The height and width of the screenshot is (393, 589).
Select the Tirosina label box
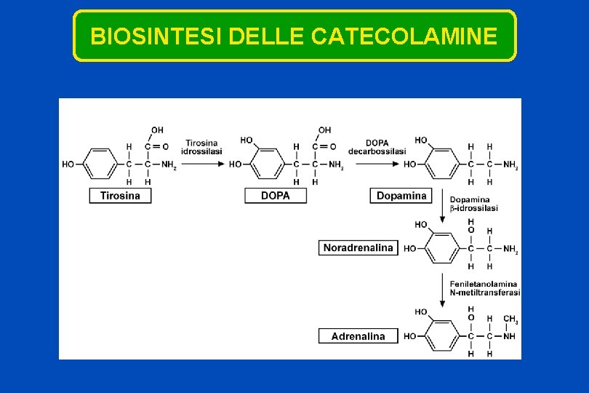coord(121,195)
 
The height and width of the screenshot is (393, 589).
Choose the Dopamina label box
coord(401,195)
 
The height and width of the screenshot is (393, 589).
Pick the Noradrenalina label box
coord(358,247)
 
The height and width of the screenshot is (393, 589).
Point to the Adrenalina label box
coord(358,336)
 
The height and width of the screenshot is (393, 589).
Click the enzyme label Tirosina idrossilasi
coord(203,146)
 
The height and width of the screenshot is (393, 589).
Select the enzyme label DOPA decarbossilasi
coord(377,146)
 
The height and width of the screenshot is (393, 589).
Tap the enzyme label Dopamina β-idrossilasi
coord(473,204)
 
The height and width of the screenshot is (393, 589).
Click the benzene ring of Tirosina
coord(100,164)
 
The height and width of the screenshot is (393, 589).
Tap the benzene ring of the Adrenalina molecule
coord(442,336)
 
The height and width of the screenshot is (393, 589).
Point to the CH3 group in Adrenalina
coord(510,319)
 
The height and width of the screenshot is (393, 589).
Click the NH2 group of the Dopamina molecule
coord(510,165)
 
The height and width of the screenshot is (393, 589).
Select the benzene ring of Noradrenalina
coord(442,249)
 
